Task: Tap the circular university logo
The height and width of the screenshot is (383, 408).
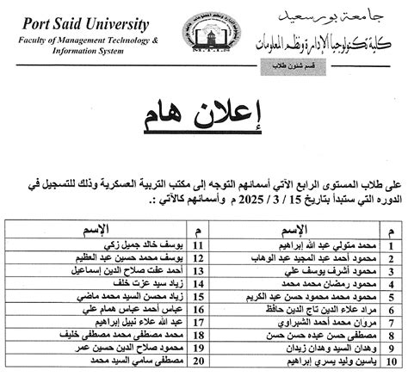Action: tap(204, 34)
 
